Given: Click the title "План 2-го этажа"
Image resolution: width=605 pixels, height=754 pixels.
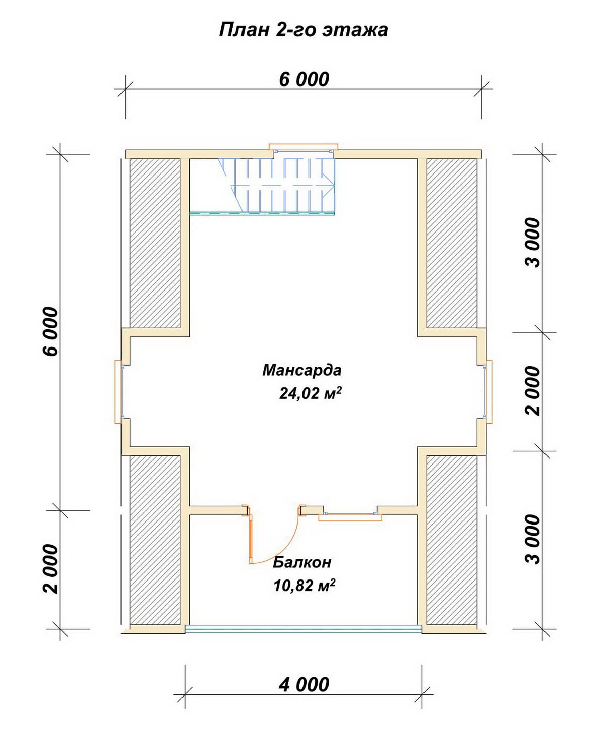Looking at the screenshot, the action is tap(304, 30).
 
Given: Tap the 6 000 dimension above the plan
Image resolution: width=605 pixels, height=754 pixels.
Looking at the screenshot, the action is tap(304, 79).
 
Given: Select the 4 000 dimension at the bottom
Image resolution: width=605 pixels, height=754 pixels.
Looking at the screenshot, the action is tap(304, 684).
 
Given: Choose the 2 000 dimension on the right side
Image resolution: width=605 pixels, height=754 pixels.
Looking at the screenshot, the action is tap(533, 391).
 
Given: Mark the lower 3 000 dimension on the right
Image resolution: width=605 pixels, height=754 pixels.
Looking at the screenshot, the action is tap(533, 539).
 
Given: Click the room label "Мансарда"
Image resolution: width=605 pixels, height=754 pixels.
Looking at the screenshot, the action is tap(301, 371).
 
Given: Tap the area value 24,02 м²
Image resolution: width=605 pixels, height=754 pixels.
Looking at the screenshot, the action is tap(310, 393).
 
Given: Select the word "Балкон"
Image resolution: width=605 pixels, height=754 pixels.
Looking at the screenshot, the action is tap(301, 562).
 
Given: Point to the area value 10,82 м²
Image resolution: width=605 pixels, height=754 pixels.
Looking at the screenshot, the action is tap(304, 585).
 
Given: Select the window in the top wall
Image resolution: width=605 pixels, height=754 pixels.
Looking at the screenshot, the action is tap(304, 150).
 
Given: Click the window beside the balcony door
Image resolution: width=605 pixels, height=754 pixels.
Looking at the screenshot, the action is tap(350, 515).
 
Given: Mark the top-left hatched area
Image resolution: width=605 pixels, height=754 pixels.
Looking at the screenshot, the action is tap(155, 243).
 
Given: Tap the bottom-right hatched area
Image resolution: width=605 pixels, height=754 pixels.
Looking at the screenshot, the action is tap(452, 540).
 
